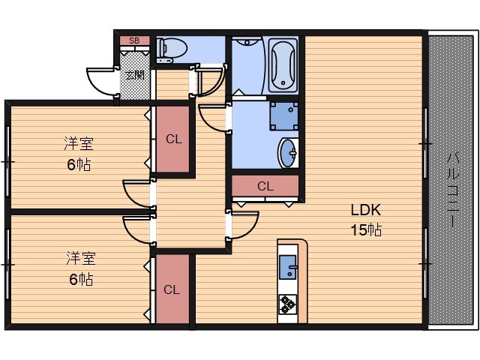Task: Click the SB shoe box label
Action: coord(134,40)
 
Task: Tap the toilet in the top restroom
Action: coord(172,49)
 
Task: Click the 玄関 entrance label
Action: coord(135,75)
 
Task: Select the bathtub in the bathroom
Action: coord(283,65)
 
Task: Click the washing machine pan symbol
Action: coord(284,116)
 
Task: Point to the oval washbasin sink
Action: coord(288,153)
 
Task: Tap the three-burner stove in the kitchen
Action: coord(288,304)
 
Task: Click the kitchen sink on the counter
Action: coord(288,267)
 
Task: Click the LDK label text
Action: coord(366,210)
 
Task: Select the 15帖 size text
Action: coord(366,230)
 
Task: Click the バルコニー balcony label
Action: coord(453,190)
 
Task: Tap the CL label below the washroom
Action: coord(265,186)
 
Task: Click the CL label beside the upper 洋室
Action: coord(174,139)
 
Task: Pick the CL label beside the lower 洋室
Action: coord(172,289)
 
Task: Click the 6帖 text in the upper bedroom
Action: coord(79,165)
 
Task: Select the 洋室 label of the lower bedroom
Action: coord(81,258)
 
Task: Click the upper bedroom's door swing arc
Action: coord(131,197)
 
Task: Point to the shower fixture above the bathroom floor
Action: coord(247,42)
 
